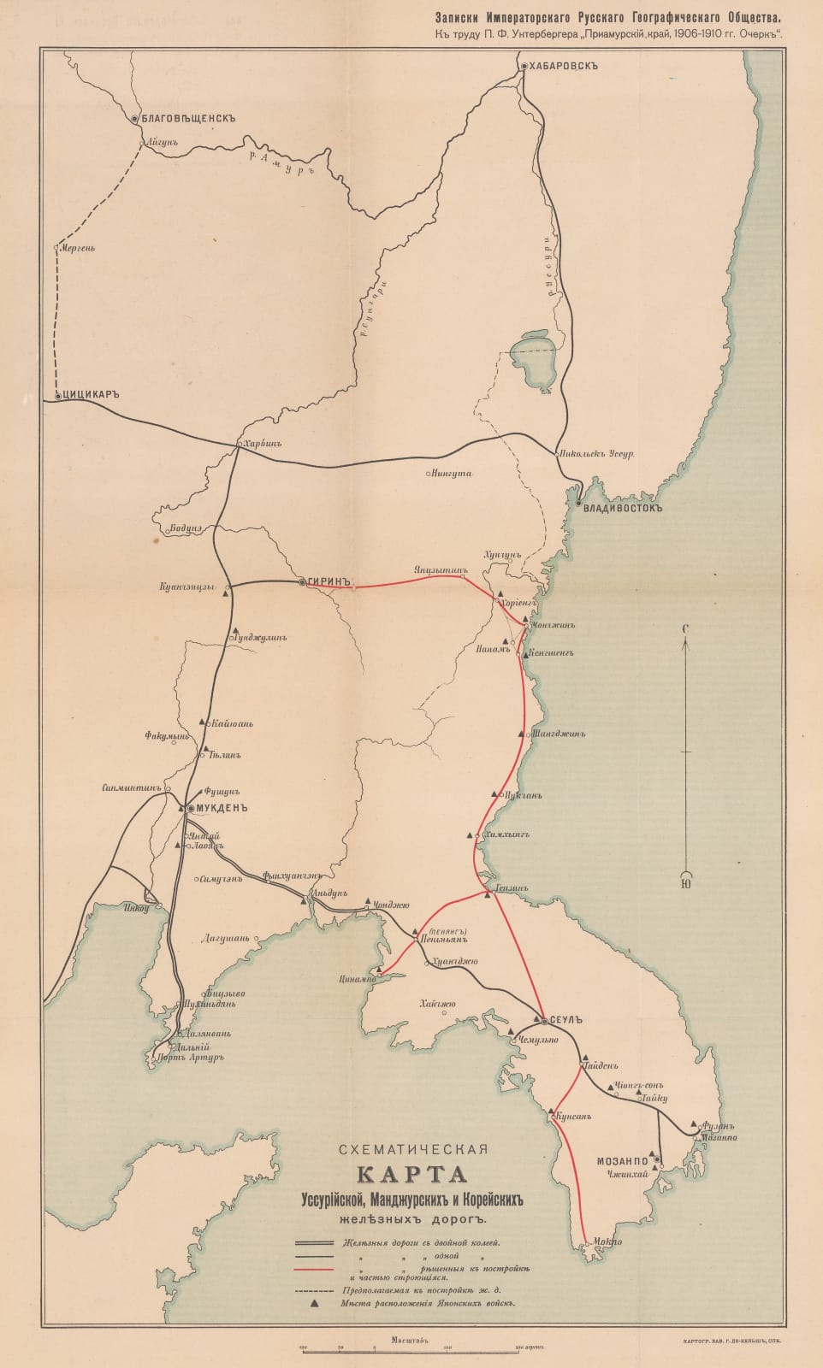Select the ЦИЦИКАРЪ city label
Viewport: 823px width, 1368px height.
click(88, 396)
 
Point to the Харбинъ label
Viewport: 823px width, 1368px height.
click(263, 444)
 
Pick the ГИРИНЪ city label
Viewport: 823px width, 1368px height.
click(331, 581)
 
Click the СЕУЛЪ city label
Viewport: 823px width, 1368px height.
click(566, 1019)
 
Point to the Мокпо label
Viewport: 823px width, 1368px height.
click(606, 1241)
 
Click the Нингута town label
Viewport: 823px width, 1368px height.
click(453, 473)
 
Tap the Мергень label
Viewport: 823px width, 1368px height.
click(77, 249)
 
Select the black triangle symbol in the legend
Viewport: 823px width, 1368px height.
click(317, 1303)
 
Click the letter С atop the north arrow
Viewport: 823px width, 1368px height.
click(685, 629)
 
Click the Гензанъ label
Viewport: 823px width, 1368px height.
click(512, 888)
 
